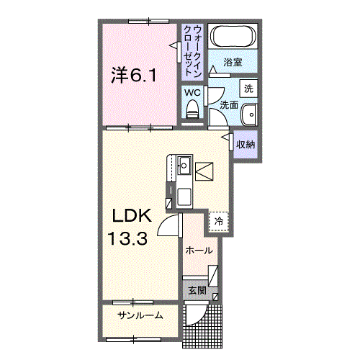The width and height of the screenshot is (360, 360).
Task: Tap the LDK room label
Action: pos(131,215)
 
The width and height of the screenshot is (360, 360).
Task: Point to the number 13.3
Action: pos(129,238)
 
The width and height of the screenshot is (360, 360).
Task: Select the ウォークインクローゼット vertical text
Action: pos(192,51)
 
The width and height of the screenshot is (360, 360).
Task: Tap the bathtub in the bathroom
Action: pos(230,37)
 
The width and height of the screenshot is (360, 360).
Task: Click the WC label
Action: pos(192,93)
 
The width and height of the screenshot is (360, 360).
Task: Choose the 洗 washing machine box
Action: pos(249,89)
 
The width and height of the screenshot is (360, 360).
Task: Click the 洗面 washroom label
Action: pos(229,105)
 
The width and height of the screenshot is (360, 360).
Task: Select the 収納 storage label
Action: pos(246,144)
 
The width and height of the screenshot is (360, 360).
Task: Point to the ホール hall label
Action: pos(199,251)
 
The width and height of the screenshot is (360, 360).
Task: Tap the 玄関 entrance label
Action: pos(197,291)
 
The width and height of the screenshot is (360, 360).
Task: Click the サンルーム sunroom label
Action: pos(141,315)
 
